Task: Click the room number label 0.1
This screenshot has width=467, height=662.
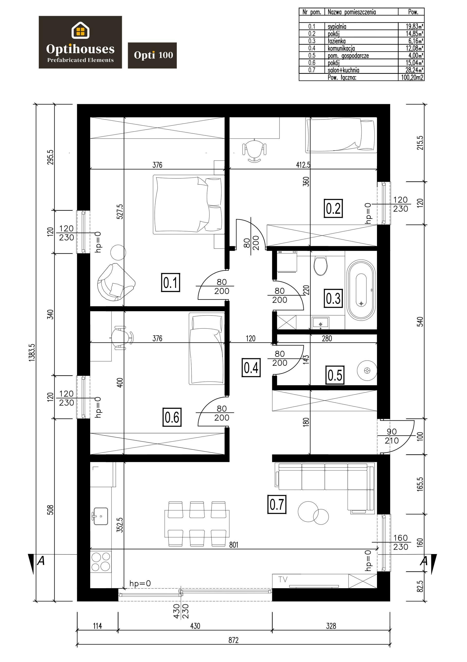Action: (171, 282)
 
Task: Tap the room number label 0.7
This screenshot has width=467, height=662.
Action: (277, 505)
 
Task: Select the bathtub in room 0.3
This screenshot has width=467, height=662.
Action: (361, 290)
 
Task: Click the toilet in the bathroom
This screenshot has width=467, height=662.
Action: (320, 265)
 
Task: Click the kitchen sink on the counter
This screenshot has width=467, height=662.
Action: (100, 516)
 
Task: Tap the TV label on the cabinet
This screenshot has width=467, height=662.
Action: (283, 579)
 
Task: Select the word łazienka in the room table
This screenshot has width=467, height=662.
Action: (337, 41)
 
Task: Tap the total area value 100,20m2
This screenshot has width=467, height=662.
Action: (412, 77)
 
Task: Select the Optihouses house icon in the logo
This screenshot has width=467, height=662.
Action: (80, 30)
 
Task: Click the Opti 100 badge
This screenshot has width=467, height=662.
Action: (152, 55)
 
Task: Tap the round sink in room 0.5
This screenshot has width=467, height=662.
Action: (367, 370)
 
